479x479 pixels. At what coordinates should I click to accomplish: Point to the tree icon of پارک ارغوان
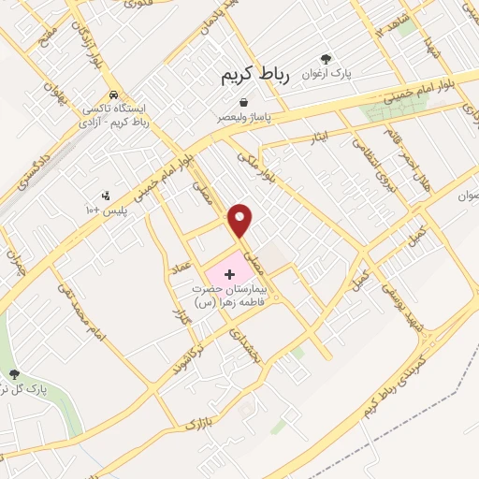pyautogui.click(x=326, y=59)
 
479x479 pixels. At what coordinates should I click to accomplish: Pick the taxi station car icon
pyautogui.click(x=113, y=94)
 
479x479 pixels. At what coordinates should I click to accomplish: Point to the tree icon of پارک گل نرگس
pyautogui.click(x=14, y=374)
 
